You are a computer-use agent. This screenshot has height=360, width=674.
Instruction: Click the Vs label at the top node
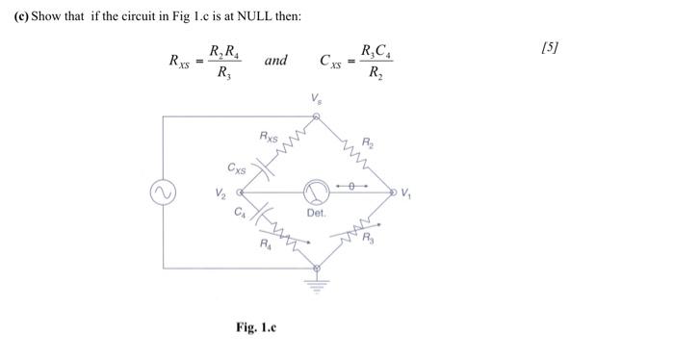pyautogui.click(x=315, y=99)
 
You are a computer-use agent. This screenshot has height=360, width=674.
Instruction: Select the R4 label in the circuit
pyautogui.click(x=267, y=244)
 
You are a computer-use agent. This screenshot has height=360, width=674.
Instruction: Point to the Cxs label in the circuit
pyautogui.click(x=237, y=168)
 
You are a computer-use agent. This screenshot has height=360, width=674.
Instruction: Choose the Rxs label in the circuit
pyautogui.click(x=269, y=139)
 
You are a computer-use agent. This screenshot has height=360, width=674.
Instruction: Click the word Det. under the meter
pyautogui.click(x=317, y=213)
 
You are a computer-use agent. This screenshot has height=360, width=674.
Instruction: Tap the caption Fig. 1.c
pyautogui.click(x=256, y=327)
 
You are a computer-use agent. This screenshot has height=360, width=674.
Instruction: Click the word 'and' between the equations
pyautogui.click(x=275, y=61)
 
